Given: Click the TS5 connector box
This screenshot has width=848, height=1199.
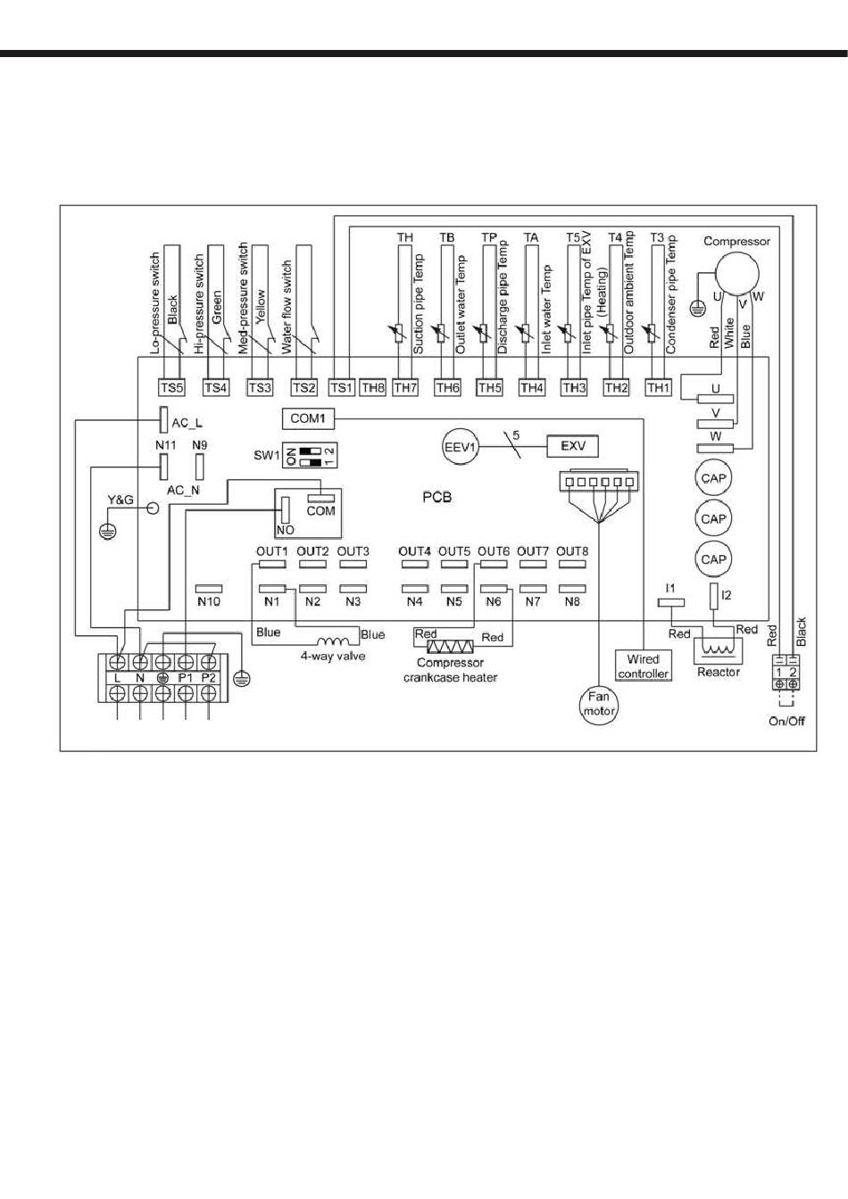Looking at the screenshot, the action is tap(171, 387).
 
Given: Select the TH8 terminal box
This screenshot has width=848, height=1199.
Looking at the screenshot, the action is tap(372, 387).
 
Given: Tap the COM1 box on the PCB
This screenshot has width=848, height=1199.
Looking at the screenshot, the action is tap(307, 418).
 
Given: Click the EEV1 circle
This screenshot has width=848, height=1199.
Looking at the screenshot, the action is tap(461, 446).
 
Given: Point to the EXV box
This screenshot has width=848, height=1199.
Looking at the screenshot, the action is tap(573, 446).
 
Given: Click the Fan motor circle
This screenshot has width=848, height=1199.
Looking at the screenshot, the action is tap(599, 705).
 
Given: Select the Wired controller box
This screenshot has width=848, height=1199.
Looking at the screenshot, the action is tap(643, 666).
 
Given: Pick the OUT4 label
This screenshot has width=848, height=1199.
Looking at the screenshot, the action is tap(414, 550).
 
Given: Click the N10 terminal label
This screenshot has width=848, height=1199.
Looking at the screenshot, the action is tap(208, 601).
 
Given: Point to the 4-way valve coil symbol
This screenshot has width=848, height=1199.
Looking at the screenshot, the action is tap(333, 641).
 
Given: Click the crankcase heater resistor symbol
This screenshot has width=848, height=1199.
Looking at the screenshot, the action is tap(451, 646).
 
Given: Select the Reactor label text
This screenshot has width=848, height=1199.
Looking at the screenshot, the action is tap(719, 672).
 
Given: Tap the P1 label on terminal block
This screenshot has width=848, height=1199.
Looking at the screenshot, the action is tap(186, 678).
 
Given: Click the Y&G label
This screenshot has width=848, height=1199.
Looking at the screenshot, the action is tap(121, 500).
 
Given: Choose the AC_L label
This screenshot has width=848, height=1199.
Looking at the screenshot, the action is tap(187, 424).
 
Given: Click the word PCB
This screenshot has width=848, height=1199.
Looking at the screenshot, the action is tap(437, 497).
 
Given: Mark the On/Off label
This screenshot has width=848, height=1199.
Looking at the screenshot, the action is tap(786, 721).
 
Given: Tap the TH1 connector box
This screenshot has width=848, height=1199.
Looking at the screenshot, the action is tap(658, 387).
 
